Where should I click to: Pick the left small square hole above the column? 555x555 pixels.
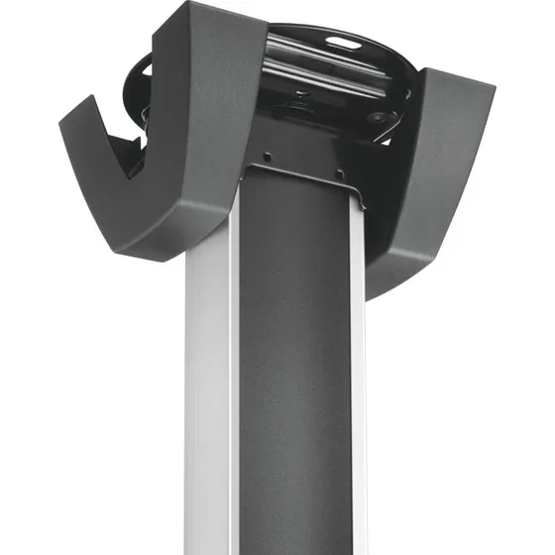point(266,156)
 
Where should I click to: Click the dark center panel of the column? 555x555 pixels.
point(297,377)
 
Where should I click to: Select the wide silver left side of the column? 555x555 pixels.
point(211,416)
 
